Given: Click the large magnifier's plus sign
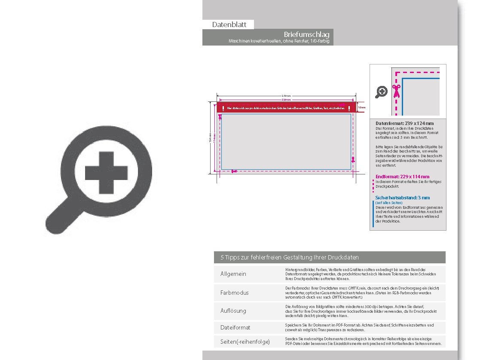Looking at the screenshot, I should pyautogui.click(x=107, y=173).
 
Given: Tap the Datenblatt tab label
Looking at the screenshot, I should pyautogui.click(x=228, y=24).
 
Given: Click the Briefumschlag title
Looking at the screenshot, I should pyautogui.click(x=307, y=34).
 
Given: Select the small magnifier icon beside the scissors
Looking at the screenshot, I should pyautogui.click(x=381, y=92).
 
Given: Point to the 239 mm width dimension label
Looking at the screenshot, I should pyautogui.click(x=286, y=95).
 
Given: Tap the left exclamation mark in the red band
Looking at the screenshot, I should pyautogui.click(x=223, y=108).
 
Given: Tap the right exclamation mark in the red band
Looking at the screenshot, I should pyautogui.click(x=349, y=108).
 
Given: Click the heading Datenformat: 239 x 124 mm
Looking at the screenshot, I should pyautogui.click(x=404, y=123).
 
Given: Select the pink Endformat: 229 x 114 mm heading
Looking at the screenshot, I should pyautogui.click(x=402, y=177).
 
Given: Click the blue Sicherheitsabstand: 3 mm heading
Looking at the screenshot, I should pyautogui.click(x=402, y=198).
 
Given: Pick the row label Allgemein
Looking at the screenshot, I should pyautogui.click(x=233, y=274).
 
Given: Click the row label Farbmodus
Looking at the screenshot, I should pyautogui.click(x=234, y=293).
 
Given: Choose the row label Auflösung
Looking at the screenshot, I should pyautogui.click(x=233, y=311).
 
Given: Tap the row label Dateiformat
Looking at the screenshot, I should pyautogui.click(x=235, y=327).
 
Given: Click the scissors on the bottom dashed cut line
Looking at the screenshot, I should pyautogui.click(x=234, y=171).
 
